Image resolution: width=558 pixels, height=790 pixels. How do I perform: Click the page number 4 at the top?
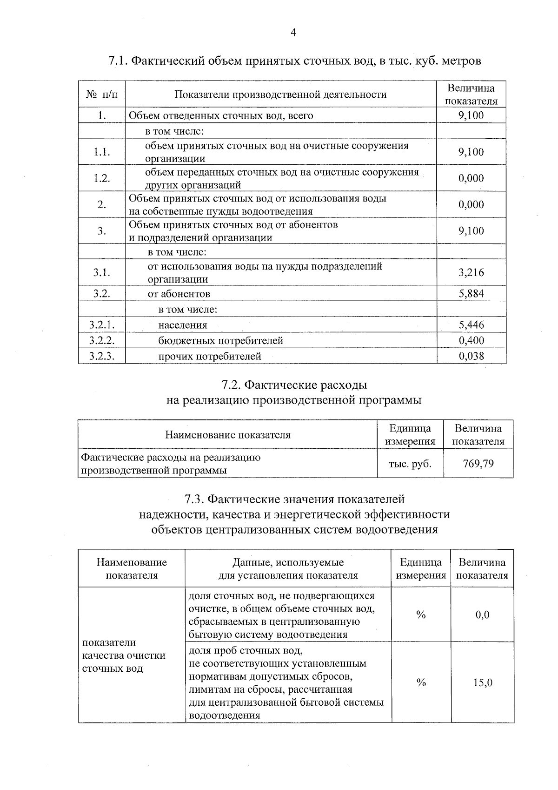pyautogui.click(x=293, y=32)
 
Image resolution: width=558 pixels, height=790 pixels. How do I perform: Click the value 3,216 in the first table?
pyautogui.click(x=471, y=272)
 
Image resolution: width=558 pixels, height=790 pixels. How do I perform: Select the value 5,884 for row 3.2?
pyautogui.click(x=471, y=294)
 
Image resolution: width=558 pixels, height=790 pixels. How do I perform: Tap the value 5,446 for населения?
pyautogui.click(x=471, y=325)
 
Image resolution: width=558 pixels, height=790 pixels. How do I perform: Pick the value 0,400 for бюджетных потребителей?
pyautogui.click(x=471, y=340)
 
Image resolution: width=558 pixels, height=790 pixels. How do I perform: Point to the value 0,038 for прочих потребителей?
pyautogui.click(x=471, y=356)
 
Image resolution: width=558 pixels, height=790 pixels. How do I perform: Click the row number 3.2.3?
pyautogui.click(x=102, y=356)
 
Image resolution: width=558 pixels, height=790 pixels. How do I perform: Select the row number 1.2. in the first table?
pyautogui.click(x=102, y=178)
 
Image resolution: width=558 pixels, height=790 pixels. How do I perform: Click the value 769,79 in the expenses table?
pyautogui.click(x=478, y=464)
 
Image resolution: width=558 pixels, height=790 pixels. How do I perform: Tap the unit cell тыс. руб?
pyautogui.click(x=410, y=464)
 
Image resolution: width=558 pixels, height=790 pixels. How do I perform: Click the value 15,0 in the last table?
pyautogui.click(x=482, y=683)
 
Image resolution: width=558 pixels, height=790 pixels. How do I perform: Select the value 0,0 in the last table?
pyautogui.click(x=482, y=615)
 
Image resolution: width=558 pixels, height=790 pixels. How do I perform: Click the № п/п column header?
pyautogui.click(x=102, y=95)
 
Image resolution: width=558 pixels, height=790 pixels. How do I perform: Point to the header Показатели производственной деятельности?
pyautogui.click(x=280, y=95)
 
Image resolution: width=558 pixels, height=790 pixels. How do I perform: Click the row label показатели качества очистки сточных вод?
pyautogui.click(x=124, y=655)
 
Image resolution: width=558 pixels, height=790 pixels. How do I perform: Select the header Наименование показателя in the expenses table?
pyautogui.click(x=227, y=435)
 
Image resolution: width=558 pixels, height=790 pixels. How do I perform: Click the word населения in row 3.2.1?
pyautogui.click(x=183, y=325)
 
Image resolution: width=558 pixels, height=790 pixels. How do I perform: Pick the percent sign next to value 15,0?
pyautogui.click(x=421, y=683)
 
